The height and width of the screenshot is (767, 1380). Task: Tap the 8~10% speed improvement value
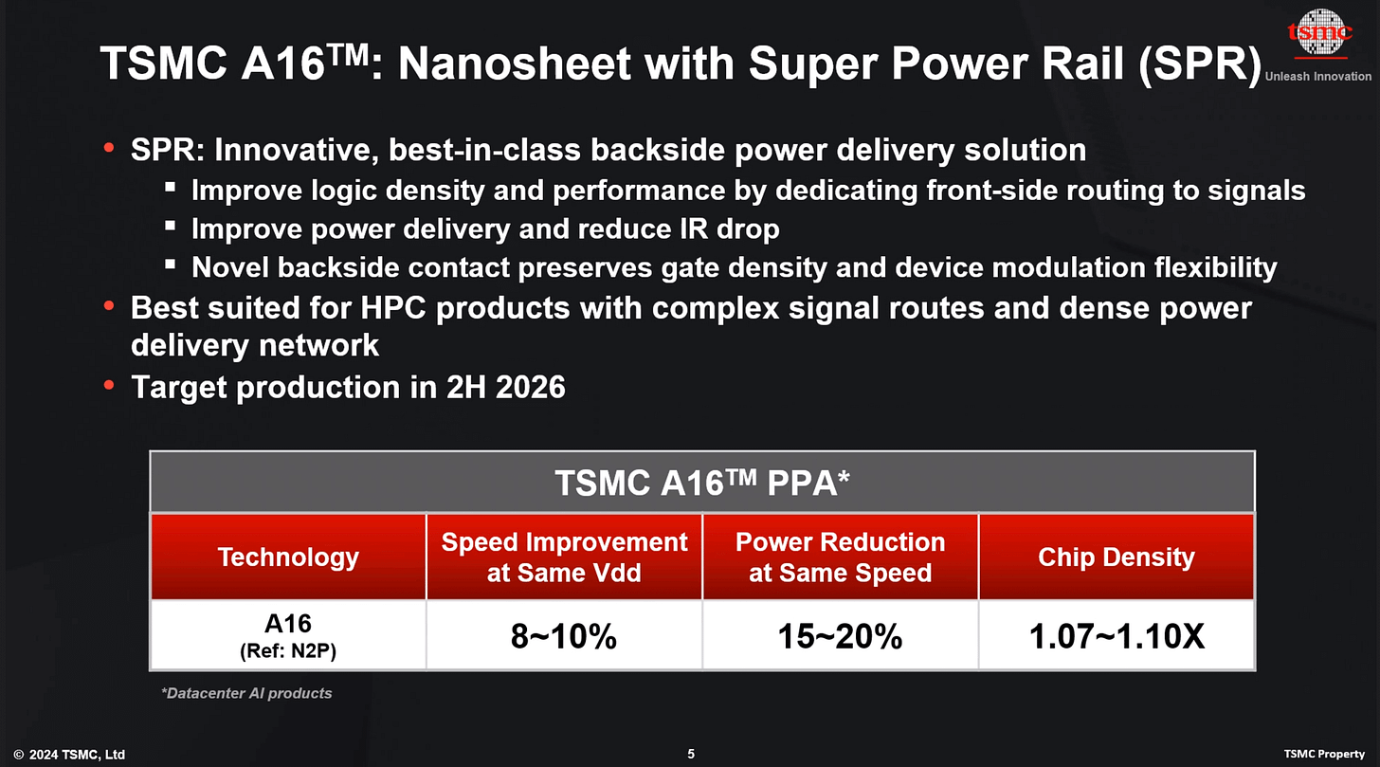tap(564, 636)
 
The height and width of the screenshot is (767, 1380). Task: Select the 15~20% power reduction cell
tap(840, 636)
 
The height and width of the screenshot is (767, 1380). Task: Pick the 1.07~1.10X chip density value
tap(1117, 636)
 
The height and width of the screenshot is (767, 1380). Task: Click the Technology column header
tap(288, 557)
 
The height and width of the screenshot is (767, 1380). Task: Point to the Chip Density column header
tap(1117, 557)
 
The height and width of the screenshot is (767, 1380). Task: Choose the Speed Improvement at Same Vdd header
tap(564, 557)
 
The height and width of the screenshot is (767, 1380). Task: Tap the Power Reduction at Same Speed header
tap(840, 557)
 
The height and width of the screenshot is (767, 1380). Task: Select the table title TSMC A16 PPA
tap(701, 484)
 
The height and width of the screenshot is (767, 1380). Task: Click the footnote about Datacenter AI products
tap(246, 693)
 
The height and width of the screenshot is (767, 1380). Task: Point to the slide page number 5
tap(691, 755)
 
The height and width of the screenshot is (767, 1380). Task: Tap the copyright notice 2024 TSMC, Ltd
tap(69, 755)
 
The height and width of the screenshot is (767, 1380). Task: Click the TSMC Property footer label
tap(1325, 755)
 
